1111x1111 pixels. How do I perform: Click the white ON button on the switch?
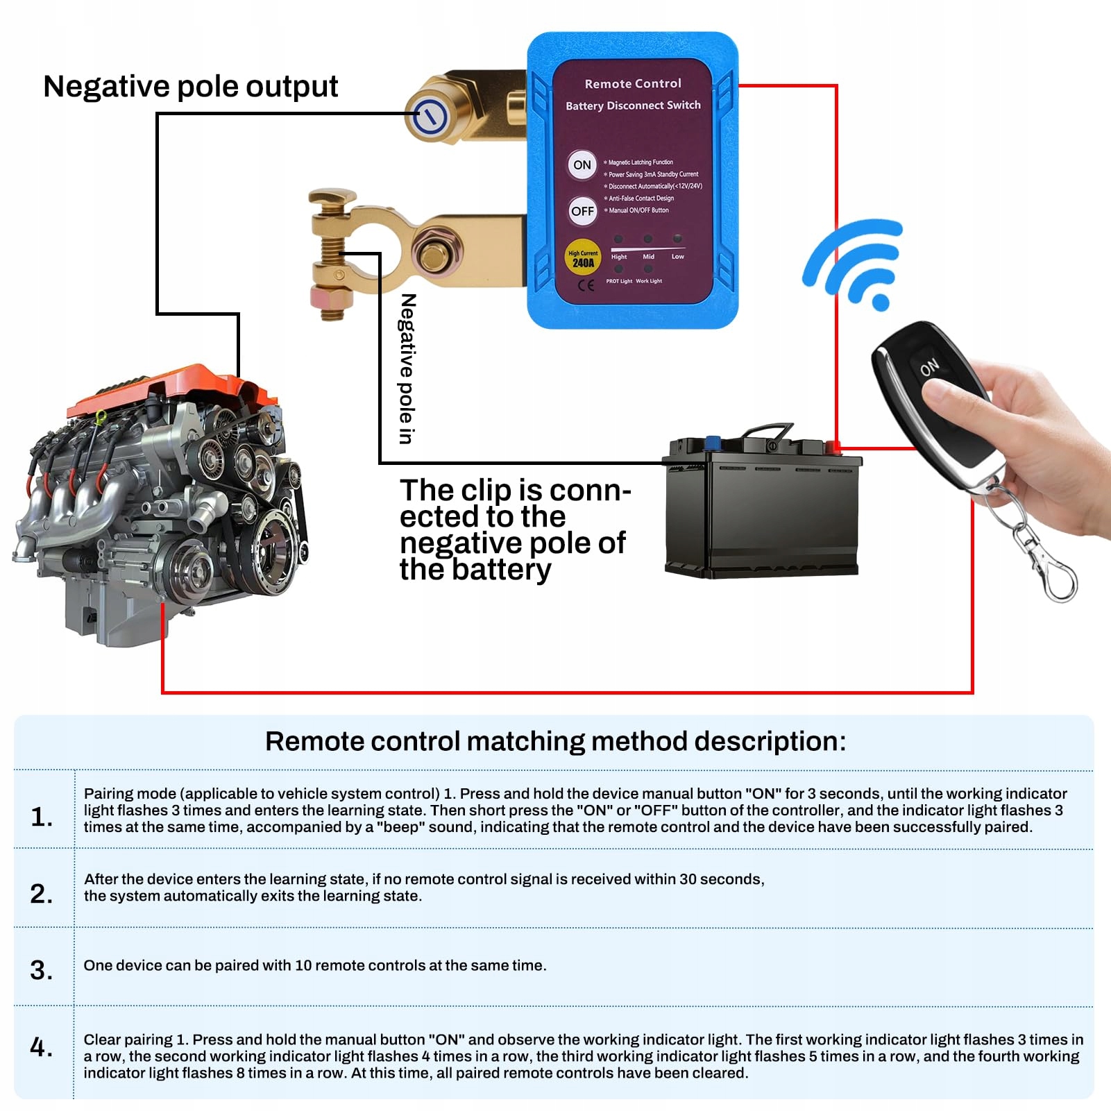click(x=582, y=165)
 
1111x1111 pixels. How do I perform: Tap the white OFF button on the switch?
click(x=582, y=211)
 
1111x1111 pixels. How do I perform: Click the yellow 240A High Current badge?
click(x=583, y=259)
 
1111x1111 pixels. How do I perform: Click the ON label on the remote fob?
click(x=930, y=367)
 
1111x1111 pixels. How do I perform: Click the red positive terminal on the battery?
click(x=835, y=448)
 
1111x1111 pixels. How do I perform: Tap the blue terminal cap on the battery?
click(x=713, y=443)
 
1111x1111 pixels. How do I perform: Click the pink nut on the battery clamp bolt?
click(x=331, y=299)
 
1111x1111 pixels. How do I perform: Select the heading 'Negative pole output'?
click(x=190, y=87)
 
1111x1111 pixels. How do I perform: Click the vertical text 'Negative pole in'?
click(x=407, y=368)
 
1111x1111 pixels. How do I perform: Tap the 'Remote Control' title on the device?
click(x=633, y=84)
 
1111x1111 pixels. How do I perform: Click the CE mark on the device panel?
click(x=586, y=285)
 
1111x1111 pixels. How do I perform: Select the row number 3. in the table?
click(x=42, y=969)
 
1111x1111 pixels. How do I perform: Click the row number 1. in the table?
click(x=42, y=817)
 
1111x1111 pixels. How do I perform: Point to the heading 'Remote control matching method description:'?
click(x=555, y=741)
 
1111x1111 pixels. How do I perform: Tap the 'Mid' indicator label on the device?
click(x=648, y=257)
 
